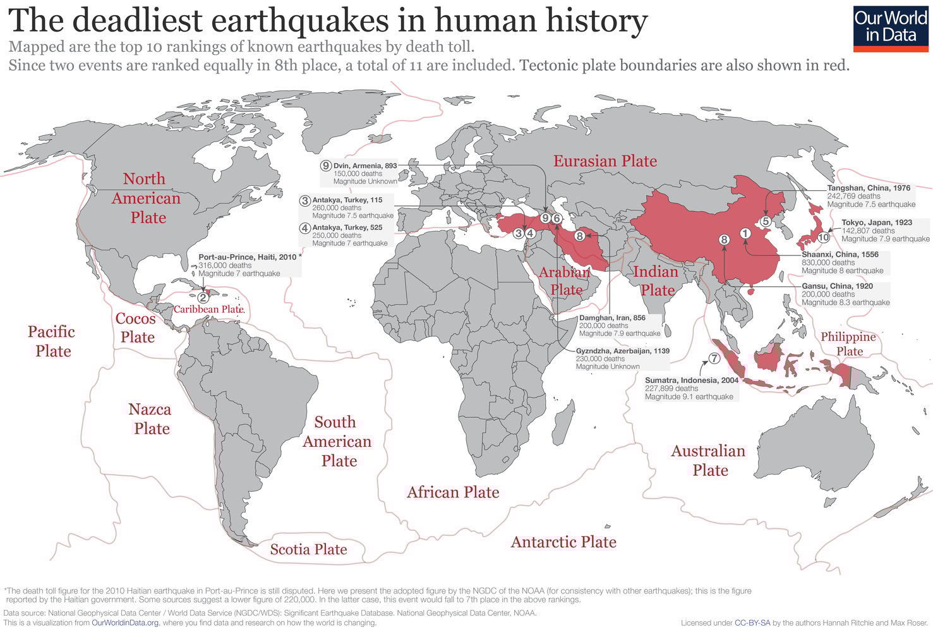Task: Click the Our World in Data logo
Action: (890, 26)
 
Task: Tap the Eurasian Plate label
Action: (605, 161)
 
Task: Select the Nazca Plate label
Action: (150, 419)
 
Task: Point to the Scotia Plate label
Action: (308, 550)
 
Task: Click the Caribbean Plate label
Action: (208, 309)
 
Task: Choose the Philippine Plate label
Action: (848, 344)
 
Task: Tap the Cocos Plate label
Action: (136, 327)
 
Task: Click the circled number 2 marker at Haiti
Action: (203, 297)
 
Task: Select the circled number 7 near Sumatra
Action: (714, 358)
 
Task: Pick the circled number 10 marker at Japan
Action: (823, 238)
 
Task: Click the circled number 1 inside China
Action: (745, 233)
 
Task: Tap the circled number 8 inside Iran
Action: (579, 236)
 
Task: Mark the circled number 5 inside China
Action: (765, 221)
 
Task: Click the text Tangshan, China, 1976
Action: (869, 188)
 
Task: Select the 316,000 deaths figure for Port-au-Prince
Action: (225, 265)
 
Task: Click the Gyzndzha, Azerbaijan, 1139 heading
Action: (622, 351)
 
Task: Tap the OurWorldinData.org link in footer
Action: (125, 623)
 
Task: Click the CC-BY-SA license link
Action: (752, 623)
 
